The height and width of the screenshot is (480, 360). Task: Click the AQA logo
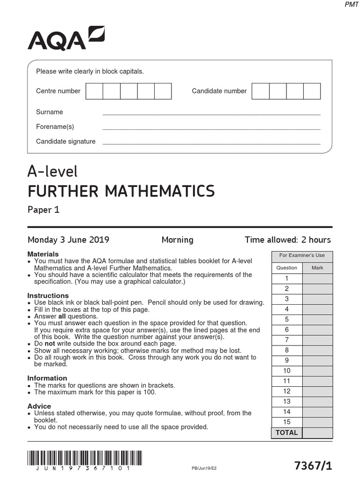66,39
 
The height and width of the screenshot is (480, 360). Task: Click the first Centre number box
94,91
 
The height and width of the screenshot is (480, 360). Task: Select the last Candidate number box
312,91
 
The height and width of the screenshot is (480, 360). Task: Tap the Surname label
49,112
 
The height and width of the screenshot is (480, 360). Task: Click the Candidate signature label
66,141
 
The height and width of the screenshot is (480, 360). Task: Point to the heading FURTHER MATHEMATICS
121,191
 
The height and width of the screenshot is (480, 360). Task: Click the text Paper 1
44,210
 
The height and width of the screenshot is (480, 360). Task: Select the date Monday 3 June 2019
68,240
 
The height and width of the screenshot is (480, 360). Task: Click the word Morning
177,240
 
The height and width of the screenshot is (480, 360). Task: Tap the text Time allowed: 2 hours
287,240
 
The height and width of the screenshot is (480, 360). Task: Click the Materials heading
43,254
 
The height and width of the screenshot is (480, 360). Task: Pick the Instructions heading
48,296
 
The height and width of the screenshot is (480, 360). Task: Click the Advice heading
39,406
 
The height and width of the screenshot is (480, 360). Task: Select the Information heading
47,378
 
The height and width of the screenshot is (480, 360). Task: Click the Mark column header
317,268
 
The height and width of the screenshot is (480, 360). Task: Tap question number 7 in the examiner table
287,340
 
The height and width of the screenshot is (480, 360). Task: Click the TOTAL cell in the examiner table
287,433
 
